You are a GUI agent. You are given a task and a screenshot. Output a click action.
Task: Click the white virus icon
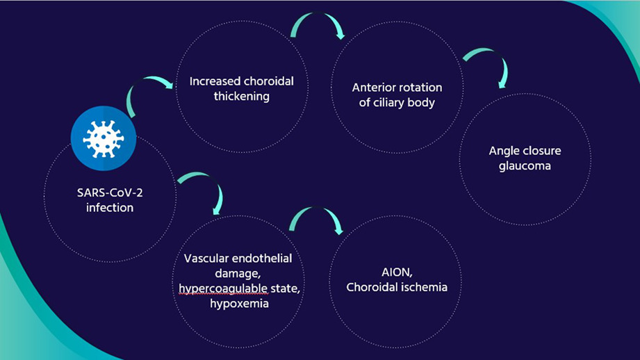[104, 139]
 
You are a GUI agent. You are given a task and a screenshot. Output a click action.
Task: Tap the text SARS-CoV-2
[110, 193]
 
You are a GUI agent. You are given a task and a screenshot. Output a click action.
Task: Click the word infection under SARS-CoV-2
[110, 207]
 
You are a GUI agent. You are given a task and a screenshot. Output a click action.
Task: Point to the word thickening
[242, 97]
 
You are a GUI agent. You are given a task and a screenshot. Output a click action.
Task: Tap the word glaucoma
[525, 165]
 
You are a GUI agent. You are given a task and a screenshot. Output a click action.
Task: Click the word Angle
[504, 151]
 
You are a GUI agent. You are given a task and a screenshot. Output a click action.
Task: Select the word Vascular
[204, 259]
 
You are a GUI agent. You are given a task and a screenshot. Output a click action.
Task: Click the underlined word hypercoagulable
[223, 288]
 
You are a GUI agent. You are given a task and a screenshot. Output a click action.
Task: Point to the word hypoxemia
[239, 304]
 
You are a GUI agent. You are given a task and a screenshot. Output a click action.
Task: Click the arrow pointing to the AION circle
[316, 208]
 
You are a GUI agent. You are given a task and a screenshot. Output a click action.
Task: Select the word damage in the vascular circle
[238, 273]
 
